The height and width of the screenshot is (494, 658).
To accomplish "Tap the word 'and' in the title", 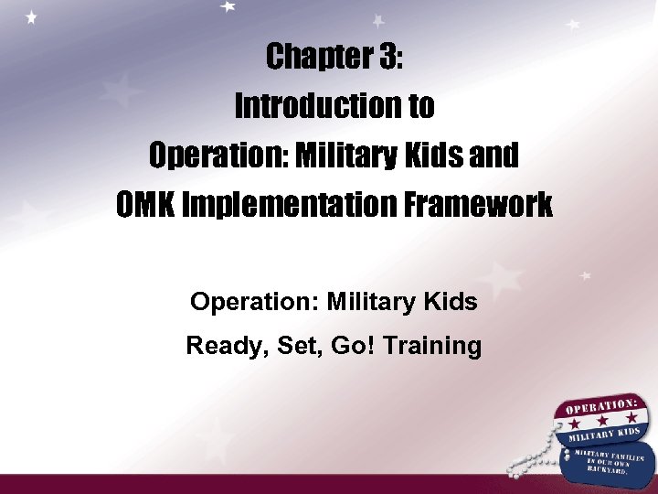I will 494,156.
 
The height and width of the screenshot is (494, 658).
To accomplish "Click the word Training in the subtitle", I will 433,346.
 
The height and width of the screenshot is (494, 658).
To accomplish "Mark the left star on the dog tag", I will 574,426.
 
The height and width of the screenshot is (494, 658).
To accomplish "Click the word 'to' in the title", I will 420,107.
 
